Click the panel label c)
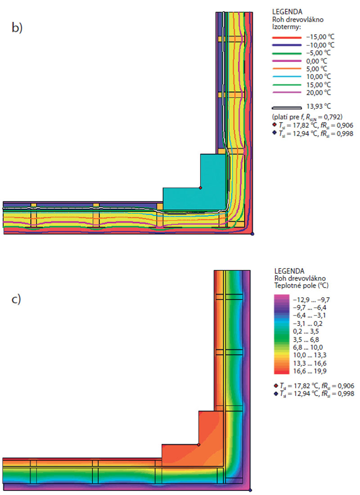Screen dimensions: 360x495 (x=17, y=299)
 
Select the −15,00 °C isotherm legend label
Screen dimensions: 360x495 (x=320, y=37)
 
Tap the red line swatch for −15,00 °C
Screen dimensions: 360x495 (x=287, y=38)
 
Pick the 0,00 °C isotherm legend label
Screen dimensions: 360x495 (x=316, y=61)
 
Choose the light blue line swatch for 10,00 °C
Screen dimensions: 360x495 (x=287, y=77)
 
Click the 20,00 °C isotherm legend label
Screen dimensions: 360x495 (x=319, y=93)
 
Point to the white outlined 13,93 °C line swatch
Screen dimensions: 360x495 (x=287, y=107)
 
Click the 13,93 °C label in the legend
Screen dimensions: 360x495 (x=319, y=107)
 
